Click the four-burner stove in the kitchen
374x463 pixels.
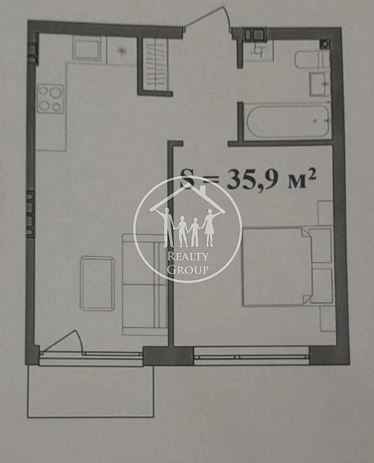click(x=50, y=99)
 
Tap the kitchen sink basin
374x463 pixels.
click(x=86, y=49)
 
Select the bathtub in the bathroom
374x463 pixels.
click(x=288, y=122)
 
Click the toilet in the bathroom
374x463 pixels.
click(x=312, y=59)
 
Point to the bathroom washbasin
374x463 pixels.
click(x=319, y=84)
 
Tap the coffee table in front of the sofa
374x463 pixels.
click(x=97, y=283)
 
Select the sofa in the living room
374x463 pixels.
click(x=144, y=284)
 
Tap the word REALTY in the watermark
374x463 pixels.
click(x=187, y=256)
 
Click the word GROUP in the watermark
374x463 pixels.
click(x=187, y=270)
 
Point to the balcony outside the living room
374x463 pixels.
click(x=91, y=391)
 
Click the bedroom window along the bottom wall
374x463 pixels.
click(x=251, y=355)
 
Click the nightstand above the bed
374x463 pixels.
click(x=325, y=213)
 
